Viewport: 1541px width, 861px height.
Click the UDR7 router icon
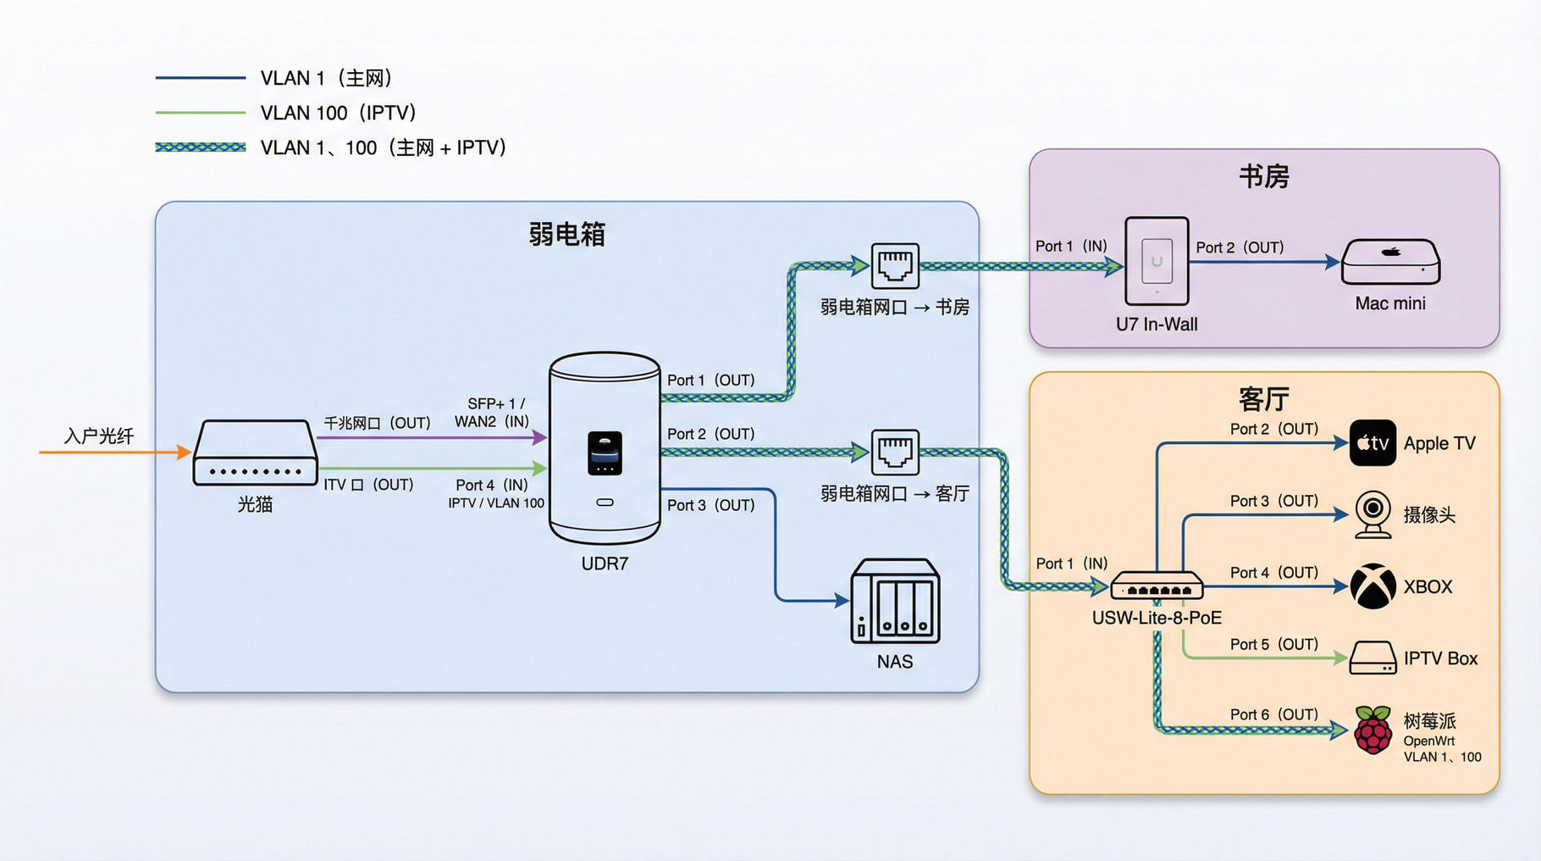click(x=605, y=447)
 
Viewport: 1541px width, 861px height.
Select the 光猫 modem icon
click(x=255, y=453)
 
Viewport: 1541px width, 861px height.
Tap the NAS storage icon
click(x=895, y=601)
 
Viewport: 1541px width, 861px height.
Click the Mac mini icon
click(x=1390, y=262)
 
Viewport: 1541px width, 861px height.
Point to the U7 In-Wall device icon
click(x=1157, y=261)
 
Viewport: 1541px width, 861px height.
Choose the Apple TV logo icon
click(x=1373, y=442)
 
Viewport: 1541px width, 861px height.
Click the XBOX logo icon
click(x=1373, y=586)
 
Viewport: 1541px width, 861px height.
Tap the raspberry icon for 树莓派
click(x=1373, y=730)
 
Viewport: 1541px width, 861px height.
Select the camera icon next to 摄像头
click(x=1373, y=514)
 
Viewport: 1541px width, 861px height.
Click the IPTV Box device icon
click(x=1373, y=658)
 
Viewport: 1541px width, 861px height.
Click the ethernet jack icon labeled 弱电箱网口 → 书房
click(x=895, y=265)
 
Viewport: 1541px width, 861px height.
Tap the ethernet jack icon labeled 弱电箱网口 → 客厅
click(x=895, y=452)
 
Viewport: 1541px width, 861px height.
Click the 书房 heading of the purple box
click(x=1263, y=176)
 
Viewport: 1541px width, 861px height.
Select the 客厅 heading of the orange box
click(x=1263, y=398)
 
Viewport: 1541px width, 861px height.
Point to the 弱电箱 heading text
click(x=566, y=234)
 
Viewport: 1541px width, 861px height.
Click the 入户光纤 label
click(x=99, y=436)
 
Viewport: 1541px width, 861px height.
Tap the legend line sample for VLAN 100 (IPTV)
click(x=201, y=112)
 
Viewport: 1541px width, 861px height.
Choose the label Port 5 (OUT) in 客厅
click(x=1273, y=644)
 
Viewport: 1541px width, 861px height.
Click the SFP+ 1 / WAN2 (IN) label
click(x=492, y=413)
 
